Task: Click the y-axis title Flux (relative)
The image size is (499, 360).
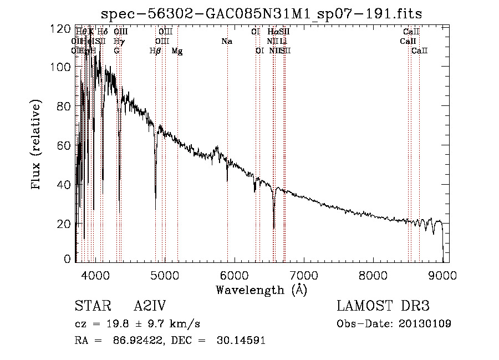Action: tap(37, 145)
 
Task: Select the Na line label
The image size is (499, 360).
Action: tap(226, 42)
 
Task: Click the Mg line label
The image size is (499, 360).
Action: tap(177, 51)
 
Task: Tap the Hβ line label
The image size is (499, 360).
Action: tap(155, 51)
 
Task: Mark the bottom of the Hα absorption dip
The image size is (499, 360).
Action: tap(274, 227)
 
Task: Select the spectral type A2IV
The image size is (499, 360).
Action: tap(150, 306)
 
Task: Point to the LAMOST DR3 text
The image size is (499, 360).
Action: tap(383, 306)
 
